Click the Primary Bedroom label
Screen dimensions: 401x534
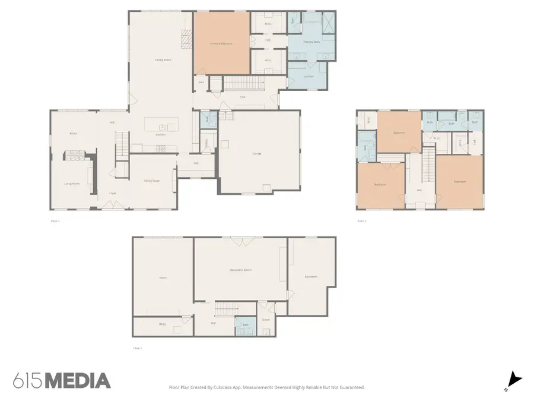221,43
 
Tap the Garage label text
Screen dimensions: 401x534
257,153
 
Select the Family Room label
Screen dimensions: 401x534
163,60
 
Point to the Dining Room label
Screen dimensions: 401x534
152,181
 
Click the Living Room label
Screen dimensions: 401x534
72,184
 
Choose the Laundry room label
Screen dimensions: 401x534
308,76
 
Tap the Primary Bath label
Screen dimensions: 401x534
311,42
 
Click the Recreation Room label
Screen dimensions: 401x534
240,270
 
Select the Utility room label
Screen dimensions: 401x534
162,324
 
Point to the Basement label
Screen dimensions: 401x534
311,276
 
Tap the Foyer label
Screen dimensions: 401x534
112,193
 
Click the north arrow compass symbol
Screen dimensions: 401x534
514,380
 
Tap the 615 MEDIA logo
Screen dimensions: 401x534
62,381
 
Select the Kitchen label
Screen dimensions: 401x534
160,135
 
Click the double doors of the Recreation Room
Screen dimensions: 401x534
240,241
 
